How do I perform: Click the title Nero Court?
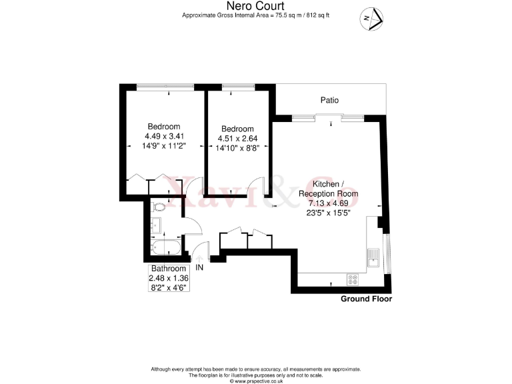pyautogui.click(x=256, y=7)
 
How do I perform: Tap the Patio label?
pyautogui.click(x=329, y=100)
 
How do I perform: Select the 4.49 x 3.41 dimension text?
pyautogui.click(x=164, y=136)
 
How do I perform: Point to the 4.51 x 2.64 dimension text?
pyautogui.click(x=237, y=139)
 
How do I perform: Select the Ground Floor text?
pyautogui.click(x=366, y=299)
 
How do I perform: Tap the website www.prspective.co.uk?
pyautogui.click(x=256, y=381)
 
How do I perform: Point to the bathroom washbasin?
pyautogui.click(x=157, y=226)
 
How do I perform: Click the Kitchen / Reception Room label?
pyautogui.click(x=333, y=188)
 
